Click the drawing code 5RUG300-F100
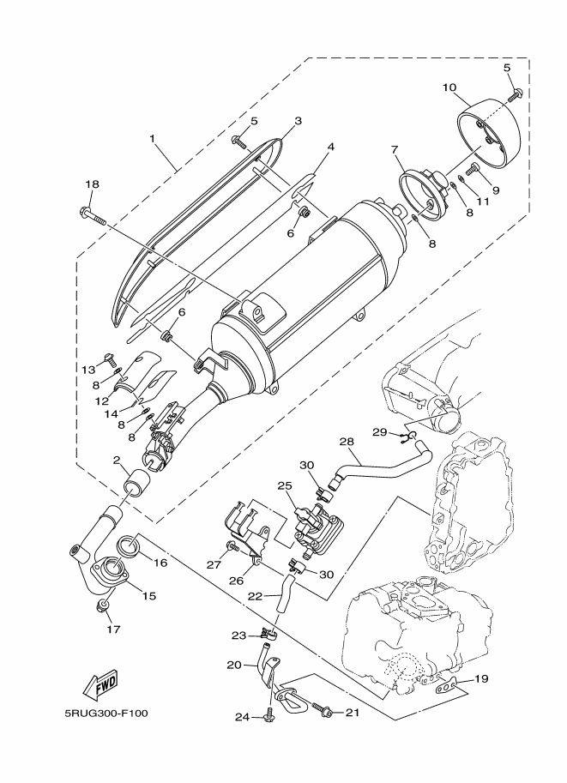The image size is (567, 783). [106, 713]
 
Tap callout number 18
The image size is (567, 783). [92, 184]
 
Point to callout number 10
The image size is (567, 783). [449, 87]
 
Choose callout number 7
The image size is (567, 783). [395, 149]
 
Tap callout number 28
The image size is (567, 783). [347, 442]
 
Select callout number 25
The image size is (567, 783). [286, 485]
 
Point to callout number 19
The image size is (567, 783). [481, 678]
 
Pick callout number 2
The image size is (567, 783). [117, 460]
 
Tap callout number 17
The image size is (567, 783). [114, 629]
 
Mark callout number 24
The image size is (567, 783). [242, 718]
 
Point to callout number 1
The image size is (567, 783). [153, 138]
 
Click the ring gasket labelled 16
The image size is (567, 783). [129, 546]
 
